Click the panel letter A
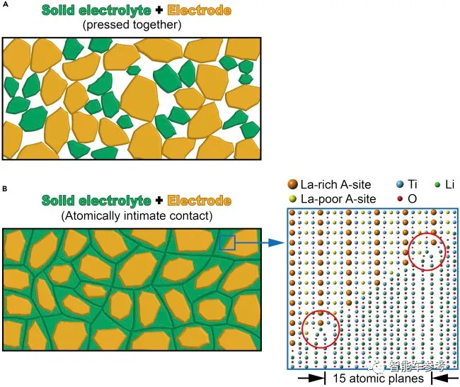coord(5,4)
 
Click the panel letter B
coord(5,189)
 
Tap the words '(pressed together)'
coord(132,25)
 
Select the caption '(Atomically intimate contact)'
coord(137,216)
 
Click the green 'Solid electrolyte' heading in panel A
coord(96,11)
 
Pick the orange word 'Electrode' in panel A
coord(200,11)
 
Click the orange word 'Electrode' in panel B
coord(200,201)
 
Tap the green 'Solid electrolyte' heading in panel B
coord(96,201)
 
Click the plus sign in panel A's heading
coord(159,11)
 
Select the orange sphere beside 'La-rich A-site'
coord(293,184)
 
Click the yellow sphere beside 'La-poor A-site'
coord(292,199)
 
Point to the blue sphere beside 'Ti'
coord(400,184)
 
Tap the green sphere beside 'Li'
coord(437,185)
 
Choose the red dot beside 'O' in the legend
coord(400,199)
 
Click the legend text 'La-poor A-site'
coord(338,199)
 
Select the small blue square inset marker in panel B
coord(227,242)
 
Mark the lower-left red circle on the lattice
coord(321,310)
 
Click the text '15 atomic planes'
coord(378,378)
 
